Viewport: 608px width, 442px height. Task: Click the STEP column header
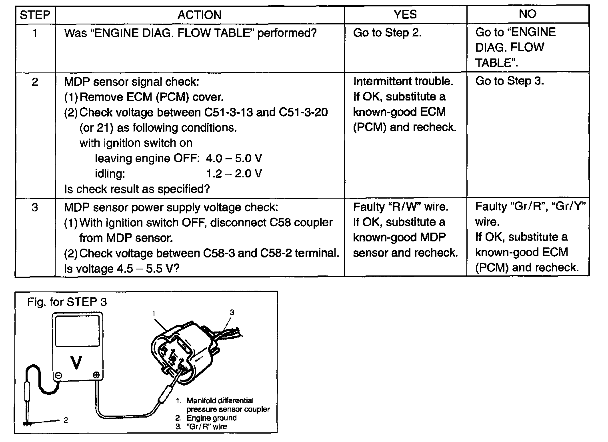[x=35, y=15]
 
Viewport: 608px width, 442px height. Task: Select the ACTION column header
[x=200, y=15]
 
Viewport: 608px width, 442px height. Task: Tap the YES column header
[x=405, y=14]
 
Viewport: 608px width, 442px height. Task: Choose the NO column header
[x=528, y=14]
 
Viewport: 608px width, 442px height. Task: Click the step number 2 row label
[x=35, y=82]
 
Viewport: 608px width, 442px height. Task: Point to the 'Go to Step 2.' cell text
[x=387, y=32]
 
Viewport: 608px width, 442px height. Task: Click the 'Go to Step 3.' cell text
[x=510, y=81]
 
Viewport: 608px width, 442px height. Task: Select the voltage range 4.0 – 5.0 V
[x=234, y=158]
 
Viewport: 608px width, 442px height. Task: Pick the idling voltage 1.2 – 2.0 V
[x=234, y=173]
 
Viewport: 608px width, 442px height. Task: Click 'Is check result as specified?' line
[x=137, y=189]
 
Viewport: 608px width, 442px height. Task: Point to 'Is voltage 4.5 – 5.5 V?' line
[x=122, y=268]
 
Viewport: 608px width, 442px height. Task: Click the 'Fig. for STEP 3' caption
[x=67, y=302]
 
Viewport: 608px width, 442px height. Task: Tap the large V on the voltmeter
[x=76, y=362]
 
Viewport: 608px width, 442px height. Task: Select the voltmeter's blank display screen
[x=77, y=331]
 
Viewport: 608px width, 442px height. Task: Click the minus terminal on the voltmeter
[x=59, y=376]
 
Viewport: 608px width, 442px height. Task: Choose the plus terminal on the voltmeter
[x=96, y=375]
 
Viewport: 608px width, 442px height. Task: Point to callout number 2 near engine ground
[x=66, y=420]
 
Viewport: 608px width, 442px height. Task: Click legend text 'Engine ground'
[x=212, y=418]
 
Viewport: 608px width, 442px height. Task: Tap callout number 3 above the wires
[x=232, y=312]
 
